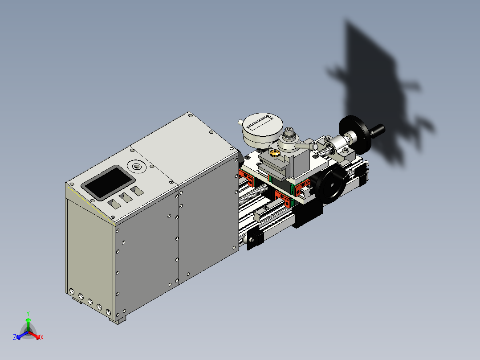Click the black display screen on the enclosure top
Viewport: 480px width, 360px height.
(108, 182)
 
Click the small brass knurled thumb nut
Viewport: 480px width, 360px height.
(275, 154)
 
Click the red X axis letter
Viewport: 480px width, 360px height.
(42, 338)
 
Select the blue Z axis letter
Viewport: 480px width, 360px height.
(15, 338)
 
